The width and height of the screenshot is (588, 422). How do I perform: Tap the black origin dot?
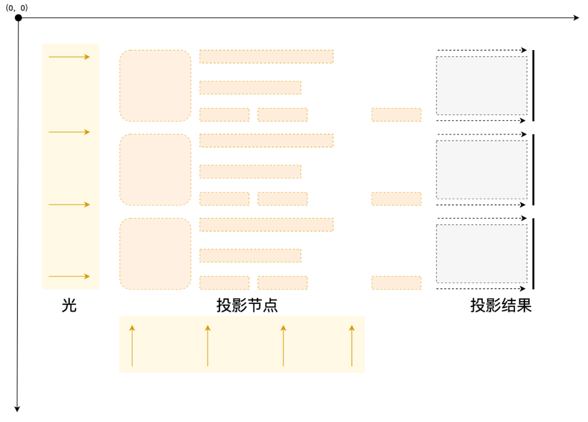(x=18, y=18)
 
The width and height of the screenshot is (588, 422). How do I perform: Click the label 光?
(x=69, y=305)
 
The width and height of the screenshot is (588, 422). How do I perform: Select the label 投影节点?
(x=247, y=305)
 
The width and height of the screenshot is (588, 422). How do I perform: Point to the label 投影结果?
(x=501, y=305)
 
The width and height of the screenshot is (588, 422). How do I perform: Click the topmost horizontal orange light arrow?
(x=69, y=57)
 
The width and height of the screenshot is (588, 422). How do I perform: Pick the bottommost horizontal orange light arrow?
(x=69, y=277)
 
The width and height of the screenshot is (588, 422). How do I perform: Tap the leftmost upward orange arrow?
(x=132, y=346)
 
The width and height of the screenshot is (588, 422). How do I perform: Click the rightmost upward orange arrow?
(x=352, y=346)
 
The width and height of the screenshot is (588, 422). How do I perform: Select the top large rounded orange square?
(x=155, y=85)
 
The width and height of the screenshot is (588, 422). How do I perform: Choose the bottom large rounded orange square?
(x=155, y=254)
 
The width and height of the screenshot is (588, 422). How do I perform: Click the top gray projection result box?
(x=481, y=85)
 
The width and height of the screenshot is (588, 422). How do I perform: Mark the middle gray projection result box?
(x=481, y=170)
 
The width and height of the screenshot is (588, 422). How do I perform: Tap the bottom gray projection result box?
(x=481, y=254)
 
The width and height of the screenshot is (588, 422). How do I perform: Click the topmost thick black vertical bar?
(x=534, y=85)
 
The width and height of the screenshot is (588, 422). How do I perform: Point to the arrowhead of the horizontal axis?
(x=577, y=18)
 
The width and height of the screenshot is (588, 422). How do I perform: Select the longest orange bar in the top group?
(x=266, y=57)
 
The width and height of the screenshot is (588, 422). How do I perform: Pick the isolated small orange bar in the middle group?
(x=396, y=199)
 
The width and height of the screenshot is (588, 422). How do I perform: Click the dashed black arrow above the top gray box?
(x=482, y=50)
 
